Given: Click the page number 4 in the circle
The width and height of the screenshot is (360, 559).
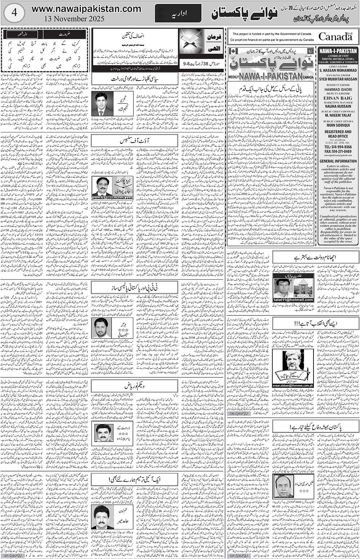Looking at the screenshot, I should point(14,13).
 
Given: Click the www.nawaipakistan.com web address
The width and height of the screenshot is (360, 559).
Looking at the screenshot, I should point(86,9).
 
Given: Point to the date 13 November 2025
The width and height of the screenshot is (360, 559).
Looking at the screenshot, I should point(75,18).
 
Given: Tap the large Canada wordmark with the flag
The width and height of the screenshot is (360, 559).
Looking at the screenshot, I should point(335,36).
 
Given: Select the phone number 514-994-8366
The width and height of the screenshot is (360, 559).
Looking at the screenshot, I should point(338,147).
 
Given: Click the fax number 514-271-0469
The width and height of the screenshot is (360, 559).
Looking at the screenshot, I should point(338,152).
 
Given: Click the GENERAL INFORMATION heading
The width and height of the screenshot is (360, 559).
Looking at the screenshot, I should point(338,161).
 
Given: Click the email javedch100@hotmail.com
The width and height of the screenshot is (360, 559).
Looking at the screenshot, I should point(112,198).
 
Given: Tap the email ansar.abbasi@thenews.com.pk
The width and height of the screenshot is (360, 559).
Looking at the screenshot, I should point(293,385).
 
